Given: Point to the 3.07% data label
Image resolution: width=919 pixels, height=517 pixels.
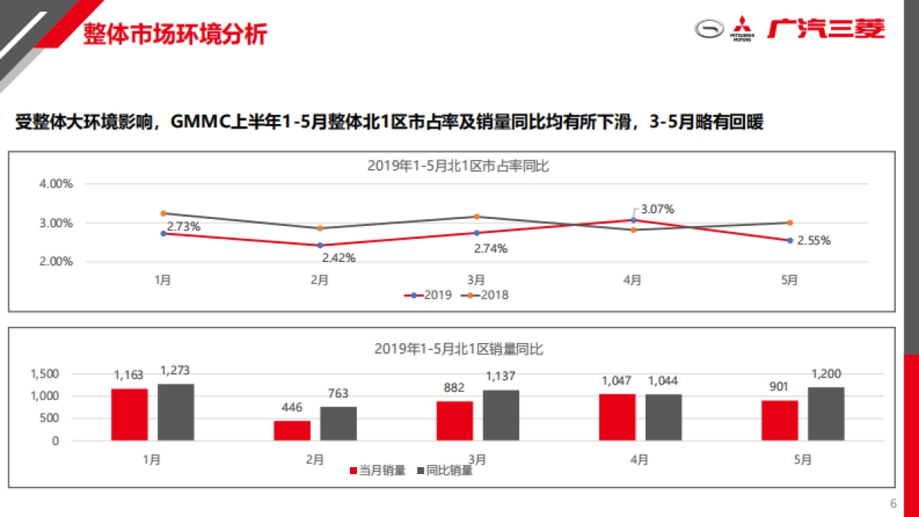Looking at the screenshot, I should pyautogui.click(x=657, y=209).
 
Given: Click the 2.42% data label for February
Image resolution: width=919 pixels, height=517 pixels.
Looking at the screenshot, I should pyautogui.click(x=338, y=257).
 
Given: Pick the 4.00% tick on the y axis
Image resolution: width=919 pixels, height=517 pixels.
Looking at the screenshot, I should pyautogui.click(x=56, y=184).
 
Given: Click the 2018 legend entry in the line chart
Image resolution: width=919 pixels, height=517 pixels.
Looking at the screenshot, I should pyautogui.click(x=488, y=295).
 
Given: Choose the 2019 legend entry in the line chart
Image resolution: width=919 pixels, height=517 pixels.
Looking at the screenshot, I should pyautogui.click(x=430, y=295).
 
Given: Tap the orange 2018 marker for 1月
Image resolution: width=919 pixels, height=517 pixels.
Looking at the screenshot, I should pyautogui.click(x=163, y=214).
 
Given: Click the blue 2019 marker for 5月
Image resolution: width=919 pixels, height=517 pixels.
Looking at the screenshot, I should pyautogui.click(x=790, y=241).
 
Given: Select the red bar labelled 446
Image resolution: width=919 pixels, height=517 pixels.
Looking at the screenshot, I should pyautogui.click(x=292, y=430).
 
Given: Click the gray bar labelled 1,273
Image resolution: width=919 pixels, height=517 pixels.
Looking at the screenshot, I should pyautogui.click(x=175, y=412).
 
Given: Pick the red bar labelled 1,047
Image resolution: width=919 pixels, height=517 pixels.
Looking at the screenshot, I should pyautogui.click(x=616, y=417).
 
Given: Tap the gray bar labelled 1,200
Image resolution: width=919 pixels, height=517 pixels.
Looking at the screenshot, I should pyautogui.click(x=826, y=414).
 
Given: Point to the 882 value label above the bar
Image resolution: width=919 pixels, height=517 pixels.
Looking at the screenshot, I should pyautogui.click(x=454, y=389).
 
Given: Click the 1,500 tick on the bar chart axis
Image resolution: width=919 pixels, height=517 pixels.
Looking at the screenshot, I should pyautogui.click(x=44, y=374).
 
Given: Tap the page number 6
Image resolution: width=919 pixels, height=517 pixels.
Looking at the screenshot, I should pyautogui.click(x=892, y=503).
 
